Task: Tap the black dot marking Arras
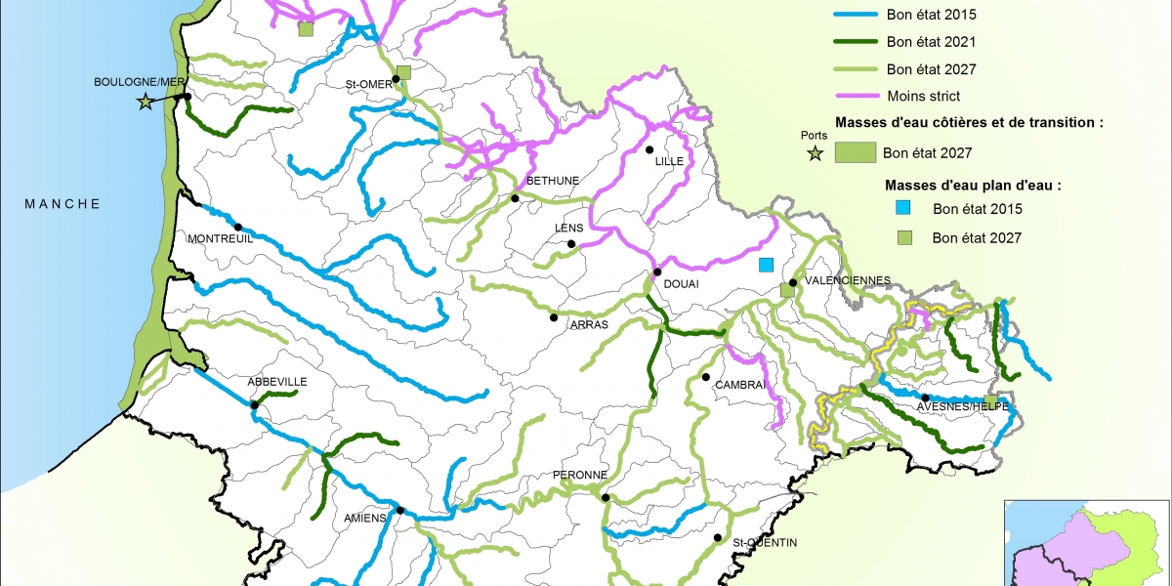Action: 554,317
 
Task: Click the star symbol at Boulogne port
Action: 146,101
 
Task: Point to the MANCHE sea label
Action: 63,203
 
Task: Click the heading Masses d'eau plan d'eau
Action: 973,185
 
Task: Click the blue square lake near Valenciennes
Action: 767,265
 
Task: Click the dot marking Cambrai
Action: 705,377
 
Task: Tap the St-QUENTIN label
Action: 766,542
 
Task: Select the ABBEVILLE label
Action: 277,382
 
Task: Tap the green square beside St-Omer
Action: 403,72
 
